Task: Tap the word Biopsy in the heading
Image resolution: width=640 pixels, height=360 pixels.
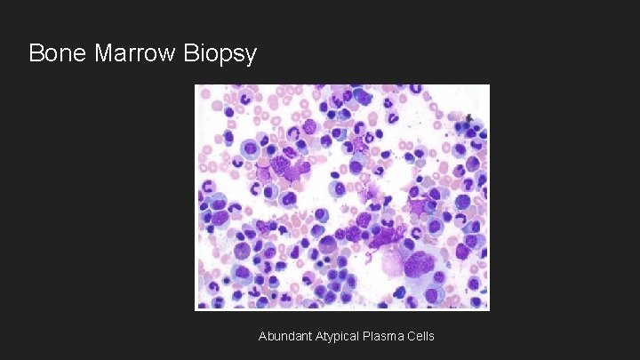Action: [x=220, y=54]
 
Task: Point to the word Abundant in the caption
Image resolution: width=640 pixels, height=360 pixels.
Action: [x=283, y=336]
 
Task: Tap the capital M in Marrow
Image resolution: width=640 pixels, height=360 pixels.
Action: [x=101, y=53]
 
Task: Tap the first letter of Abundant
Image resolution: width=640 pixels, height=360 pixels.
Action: [x=262, y=336]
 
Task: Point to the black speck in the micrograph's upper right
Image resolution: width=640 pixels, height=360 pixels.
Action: [x=470, y=117]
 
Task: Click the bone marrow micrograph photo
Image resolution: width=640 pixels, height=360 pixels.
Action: [x=342, y=197]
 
